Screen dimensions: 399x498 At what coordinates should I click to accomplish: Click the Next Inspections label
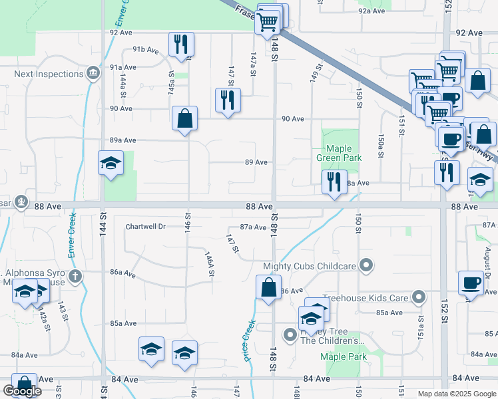pos(49,73)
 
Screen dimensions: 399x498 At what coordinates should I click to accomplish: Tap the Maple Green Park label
pos(344,153)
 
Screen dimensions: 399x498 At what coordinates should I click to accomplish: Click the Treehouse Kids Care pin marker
pos(419,297)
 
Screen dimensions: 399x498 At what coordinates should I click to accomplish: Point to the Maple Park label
pos(344,356)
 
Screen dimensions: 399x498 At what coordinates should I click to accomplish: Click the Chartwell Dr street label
pos(145,226)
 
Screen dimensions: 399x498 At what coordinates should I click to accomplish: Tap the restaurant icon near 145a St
pos(181,45)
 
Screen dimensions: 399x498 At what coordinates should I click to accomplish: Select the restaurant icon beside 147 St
pos(228,100)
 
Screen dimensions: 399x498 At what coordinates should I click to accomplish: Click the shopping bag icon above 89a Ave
pos(185,119)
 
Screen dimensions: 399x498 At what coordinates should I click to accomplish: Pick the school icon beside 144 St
pos(111,164)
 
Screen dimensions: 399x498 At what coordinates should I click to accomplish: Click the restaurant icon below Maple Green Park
pos(334,182)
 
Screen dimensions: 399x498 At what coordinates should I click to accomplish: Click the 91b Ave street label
pos(146,49)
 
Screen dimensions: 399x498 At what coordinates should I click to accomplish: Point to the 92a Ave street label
pos(372,11)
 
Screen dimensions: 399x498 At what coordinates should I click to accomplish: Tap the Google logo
pos(22,390)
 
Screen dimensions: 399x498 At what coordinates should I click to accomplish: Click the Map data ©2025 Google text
pos(455,394)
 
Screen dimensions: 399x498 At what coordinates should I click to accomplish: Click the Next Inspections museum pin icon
pos(93,71)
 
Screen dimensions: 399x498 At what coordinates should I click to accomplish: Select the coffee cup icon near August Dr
pos(471,283)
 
